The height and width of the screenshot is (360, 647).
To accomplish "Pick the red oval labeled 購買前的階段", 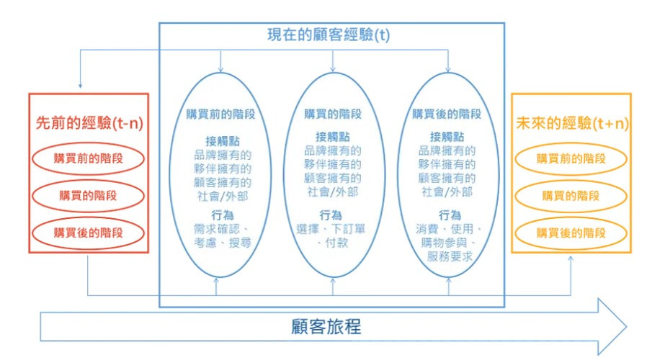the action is click(x=89, y=158).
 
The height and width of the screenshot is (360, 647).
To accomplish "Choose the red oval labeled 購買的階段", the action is click(x=89, y=195).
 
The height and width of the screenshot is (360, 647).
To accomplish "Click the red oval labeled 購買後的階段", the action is click(x=89, y=233).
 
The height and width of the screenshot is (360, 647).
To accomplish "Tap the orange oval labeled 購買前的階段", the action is click(x=571, y=158).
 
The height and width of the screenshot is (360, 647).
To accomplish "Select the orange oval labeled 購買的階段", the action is click(x=571, y=195).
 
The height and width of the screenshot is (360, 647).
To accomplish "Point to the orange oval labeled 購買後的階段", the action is click(x=571, y=233).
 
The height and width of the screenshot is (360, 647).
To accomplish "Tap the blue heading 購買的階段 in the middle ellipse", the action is click(x=332, y=114).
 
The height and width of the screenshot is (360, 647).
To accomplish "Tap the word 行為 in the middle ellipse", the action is click(x=331, y=215).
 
